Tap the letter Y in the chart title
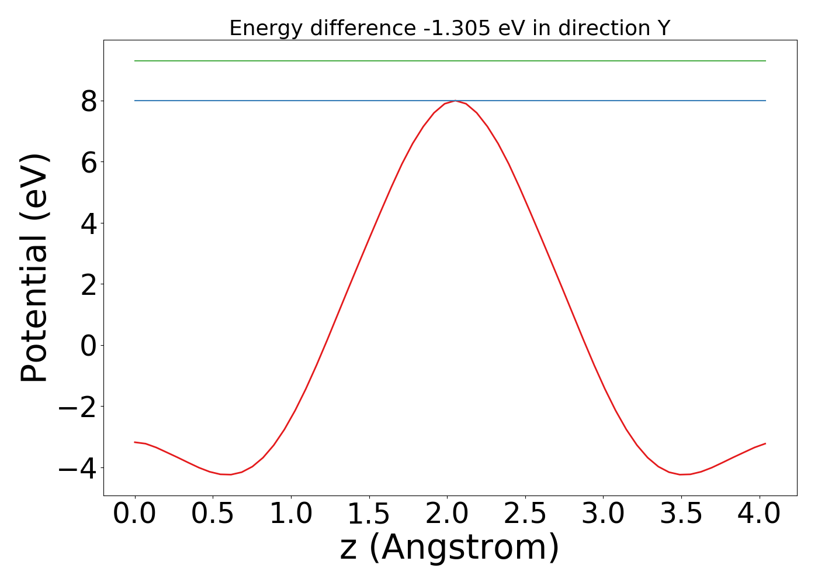point(663,28)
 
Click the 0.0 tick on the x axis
point(135,514)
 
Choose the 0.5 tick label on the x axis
point(213,514)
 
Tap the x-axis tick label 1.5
point(369,514)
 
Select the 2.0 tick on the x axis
point(447,514)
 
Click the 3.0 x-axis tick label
point(603,514)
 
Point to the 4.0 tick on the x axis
point(759,514)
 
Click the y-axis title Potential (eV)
point(35,267)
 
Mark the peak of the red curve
point(455,101)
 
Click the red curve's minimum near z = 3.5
point(681,474)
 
